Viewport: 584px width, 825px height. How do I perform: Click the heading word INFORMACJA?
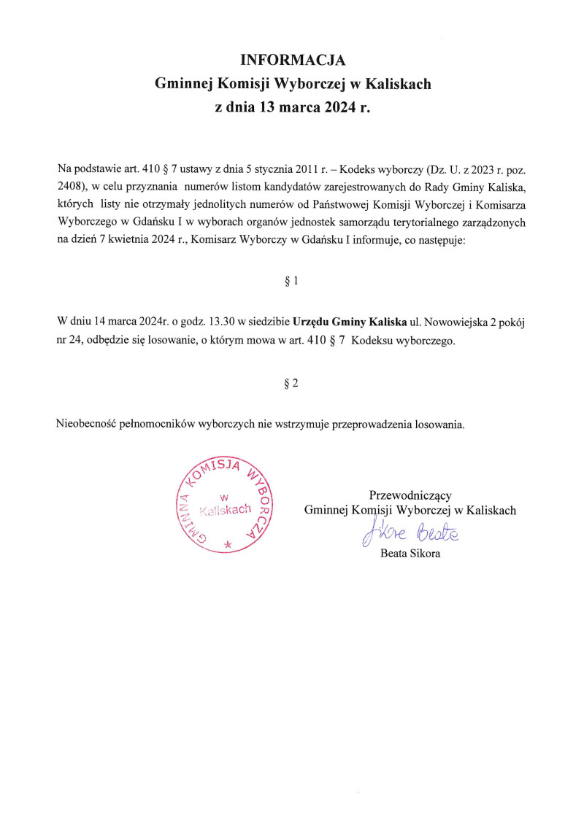coord(292,60)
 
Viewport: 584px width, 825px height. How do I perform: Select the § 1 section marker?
coord(291,281)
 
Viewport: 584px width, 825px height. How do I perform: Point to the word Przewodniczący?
coord(410,495)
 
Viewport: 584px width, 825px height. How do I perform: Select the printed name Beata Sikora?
coord(410,554)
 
